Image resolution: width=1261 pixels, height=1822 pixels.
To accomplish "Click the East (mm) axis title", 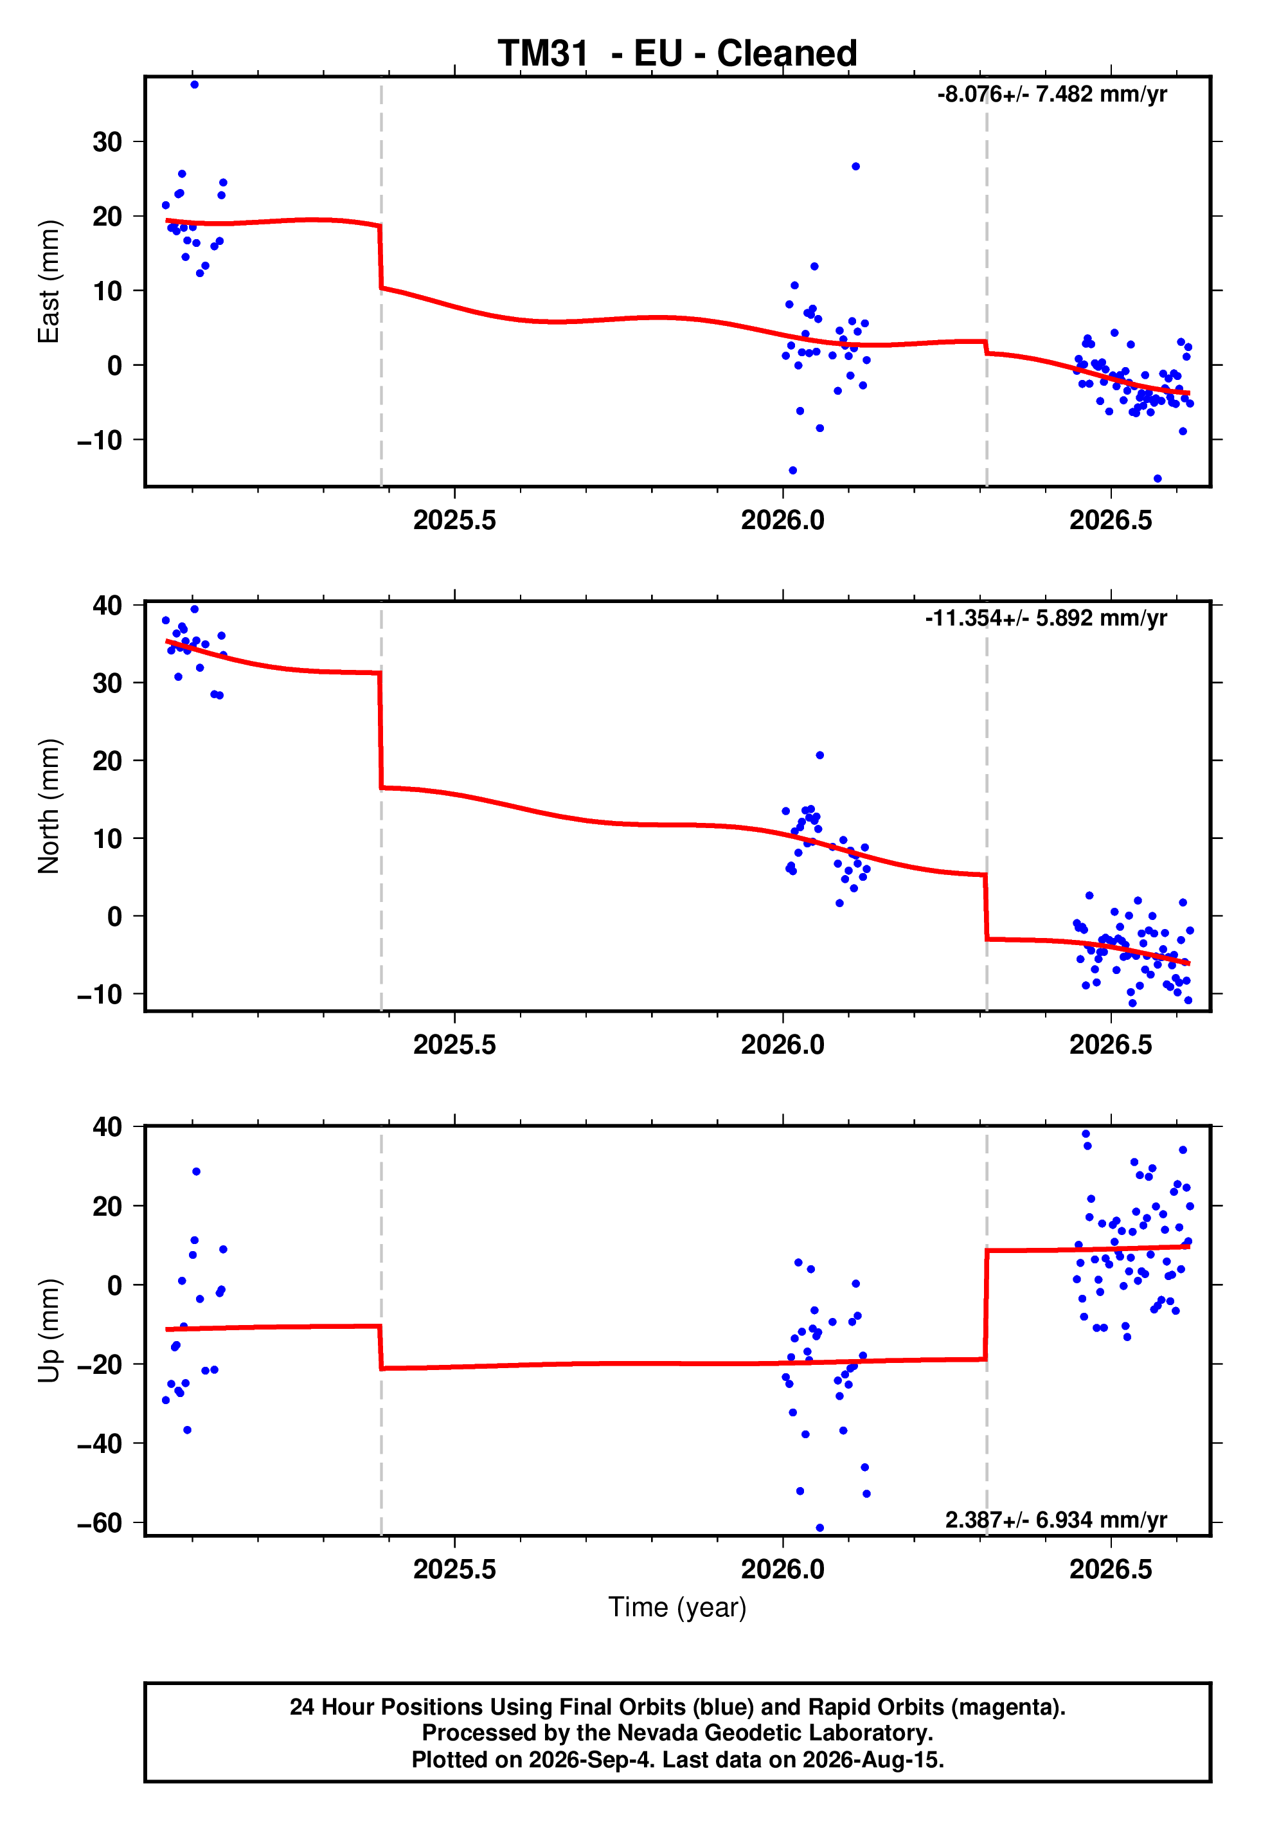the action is coord(49,282).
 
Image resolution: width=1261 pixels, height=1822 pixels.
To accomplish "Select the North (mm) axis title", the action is coord(49,806).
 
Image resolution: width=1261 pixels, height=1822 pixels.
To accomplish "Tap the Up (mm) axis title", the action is coord(49,1331).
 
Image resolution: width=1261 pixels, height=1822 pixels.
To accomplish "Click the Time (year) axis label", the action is coord(677,1607).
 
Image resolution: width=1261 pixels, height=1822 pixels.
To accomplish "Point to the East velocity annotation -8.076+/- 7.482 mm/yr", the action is coord(1051,95).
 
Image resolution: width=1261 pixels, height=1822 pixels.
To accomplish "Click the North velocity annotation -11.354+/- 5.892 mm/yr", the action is coord(1046,618).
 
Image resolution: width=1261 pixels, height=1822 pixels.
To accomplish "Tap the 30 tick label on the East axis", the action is coord(107,142).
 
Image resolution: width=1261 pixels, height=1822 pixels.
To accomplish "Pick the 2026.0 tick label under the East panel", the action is coord(782,520).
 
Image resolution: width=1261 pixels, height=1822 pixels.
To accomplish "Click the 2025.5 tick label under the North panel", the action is coord(454,1045).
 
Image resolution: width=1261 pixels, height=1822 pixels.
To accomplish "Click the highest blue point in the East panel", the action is coord(194,84).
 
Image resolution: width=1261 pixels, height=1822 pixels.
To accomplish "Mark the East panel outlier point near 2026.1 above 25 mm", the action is coord(855,167).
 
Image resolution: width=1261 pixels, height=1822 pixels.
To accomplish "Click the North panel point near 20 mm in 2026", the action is coord(820,755).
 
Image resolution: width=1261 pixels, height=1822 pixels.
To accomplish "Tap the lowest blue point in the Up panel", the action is coord(819,1528).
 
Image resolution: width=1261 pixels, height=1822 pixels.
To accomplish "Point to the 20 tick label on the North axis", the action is coord(107,761).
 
